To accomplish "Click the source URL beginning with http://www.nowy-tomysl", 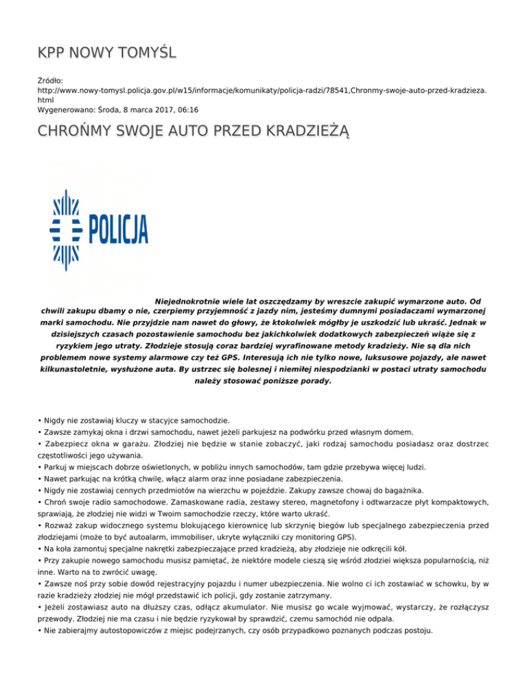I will pos(261,91).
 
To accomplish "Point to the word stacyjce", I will pos(156,420).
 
